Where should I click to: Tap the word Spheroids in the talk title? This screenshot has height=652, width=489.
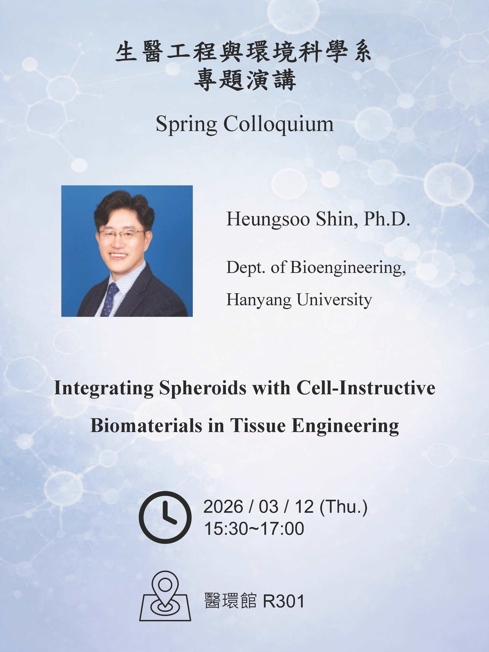pyautogui.click(x=203, y=388)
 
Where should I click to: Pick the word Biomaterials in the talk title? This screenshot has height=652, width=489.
pyautogui.click(x=147, y=425)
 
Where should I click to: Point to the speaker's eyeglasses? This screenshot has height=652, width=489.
pyautogui.click(x=121, y=234)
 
